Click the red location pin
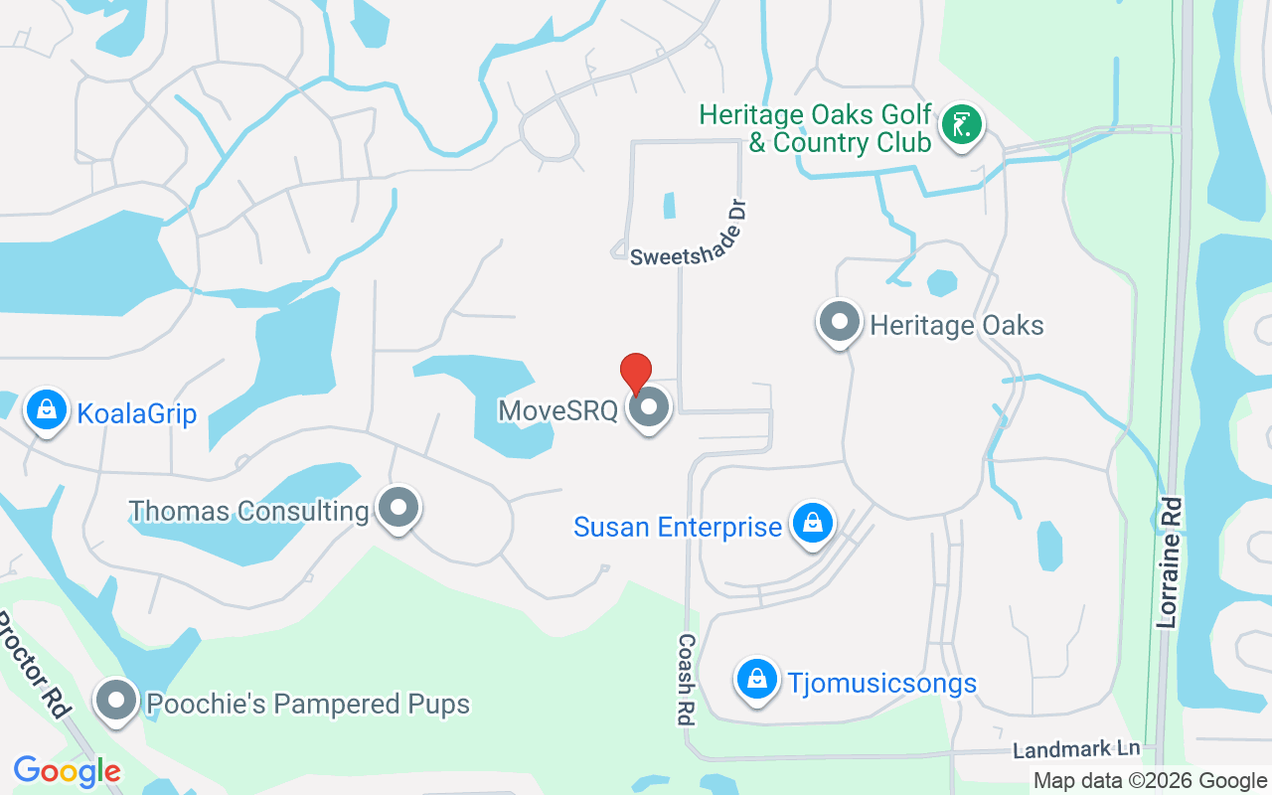636,373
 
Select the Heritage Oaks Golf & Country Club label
816,128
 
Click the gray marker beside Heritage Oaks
840,322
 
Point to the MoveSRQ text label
557,410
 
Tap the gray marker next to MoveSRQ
650,407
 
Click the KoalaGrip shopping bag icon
46,409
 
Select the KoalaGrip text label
138,413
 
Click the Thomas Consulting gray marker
399,508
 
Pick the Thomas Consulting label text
248,512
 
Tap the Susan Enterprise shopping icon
813,523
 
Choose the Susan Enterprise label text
678,527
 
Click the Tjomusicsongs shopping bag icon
757,680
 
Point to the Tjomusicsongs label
882,684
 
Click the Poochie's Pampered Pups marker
116,701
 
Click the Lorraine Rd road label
1169,562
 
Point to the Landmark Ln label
1076,749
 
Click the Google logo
67,771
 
